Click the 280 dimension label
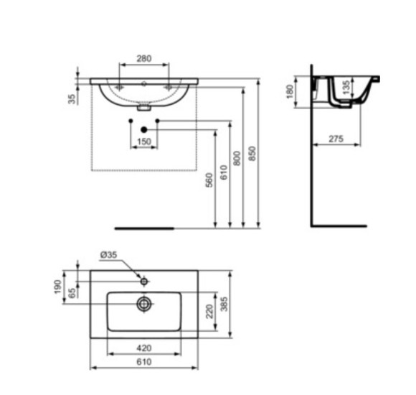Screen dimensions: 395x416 pyautogui.click(x=143, y=57)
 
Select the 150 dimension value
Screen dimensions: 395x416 pyautogui.click(x=143, y=141)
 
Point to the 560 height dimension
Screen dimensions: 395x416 pyautogui.click(x=209, y=180)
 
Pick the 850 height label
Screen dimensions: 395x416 pyautogui.click(x=252, y=153)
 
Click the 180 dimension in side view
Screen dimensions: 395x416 pyautogui.click(x=290, y=92)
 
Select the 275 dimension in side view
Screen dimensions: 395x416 pyautogui.click(x=336, y=139)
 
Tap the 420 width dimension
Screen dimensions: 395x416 pyautogui.click(x=143, y=348)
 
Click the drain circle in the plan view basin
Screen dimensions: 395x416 pyautogui.click(x=144, y=304)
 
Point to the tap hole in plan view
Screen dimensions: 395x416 pyautogui.click(x=144, y=280)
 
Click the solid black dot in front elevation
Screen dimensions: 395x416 pyautogui.click(x=144, y=129)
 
